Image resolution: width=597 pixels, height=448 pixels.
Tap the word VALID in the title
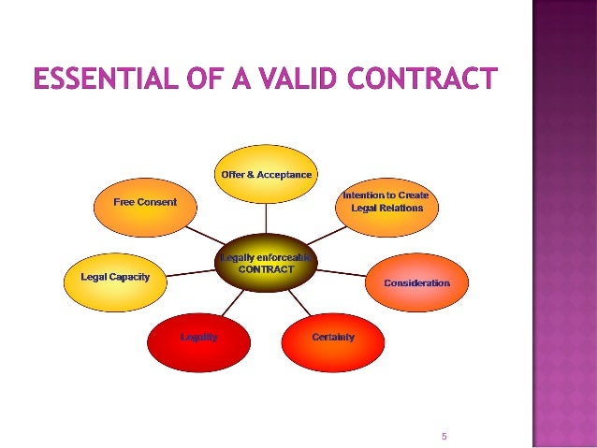(x=291, y=79)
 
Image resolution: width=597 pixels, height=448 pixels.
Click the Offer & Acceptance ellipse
(x=267, y=176)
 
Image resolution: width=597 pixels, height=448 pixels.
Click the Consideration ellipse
(x=416, y=282)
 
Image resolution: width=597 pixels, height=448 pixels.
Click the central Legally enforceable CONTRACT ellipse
(x=267, y=264)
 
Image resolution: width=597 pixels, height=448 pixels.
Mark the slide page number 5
(x=444, y=436)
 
